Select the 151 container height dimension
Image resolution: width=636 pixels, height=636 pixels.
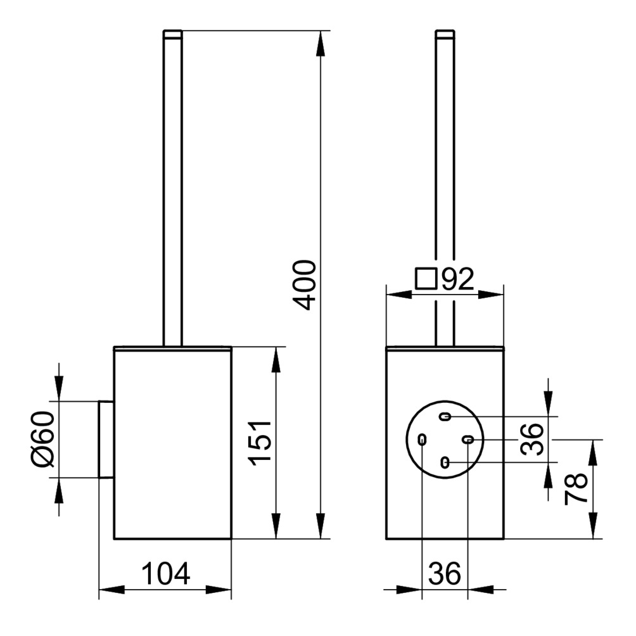coord(260,442)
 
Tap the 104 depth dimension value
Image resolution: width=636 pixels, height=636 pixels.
coord(165,575)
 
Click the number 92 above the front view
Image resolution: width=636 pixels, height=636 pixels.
coord(458,279)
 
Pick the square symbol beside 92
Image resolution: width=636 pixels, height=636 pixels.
coord(426,278)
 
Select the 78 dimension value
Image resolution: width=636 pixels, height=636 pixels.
coord(576,489)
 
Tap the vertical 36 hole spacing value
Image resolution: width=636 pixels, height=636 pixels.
coord(533,439)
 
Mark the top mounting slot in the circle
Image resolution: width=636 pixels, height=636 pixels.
coord(445,417)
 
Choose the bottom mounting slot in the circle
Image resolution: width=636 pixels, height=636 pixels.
coord(445,463)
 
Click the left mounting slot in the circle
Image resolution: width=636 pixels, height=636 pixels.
coord(422,440)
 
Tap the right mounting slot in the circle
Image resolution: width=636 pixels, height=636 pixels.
coord(468,440)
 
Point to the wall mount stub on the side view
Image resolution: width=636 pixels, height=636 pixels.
coord(106,439)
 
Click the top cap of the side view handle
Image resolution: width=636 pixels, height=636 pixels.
coord(173,34)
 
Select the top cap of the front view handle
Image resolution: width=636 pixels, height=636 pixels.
coord(445,34)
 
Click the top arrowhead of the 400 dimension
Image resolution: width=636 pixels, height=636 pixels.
coord(322,41)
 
